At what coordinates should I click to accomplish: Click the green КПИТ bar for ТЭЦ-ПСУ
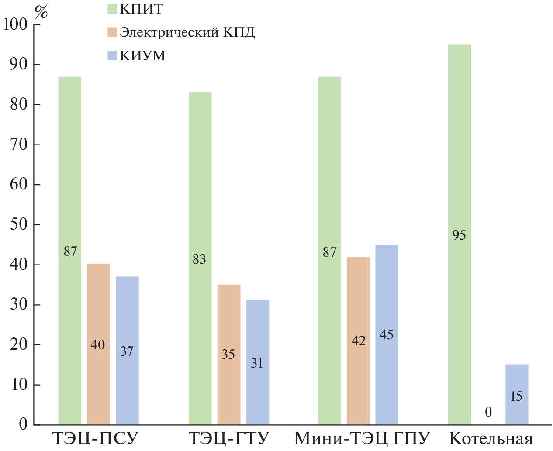point(69,175)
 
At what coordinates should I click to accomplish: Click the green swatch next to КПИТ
point(112,9)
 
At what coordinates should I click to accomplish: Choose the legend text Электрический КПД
point(187,32)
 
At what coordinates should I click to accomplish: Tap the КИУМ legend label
point(143,56)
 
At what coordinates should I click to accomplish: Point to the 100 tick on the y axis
point(15,24)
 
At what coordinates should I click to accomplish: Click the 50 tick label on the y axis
point(19,225)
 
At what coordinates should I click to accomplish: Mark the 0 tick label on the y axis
point(23,424)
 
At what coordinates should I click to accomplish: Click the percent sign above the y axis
point(41,12)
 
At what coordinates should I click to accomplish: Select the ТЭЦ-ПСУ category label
point(95,438)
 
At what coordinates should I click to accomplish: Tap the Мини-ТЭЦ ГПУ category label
point(362,438)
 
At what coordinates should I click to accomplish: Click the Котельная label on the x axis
point(491,438)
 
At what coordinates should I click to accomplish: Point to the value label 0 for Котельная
point(488,412)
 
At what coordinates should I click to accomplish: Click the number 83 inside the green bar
point(199,259)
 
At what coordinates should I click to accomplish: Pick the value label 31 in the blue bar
point(257,363)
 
